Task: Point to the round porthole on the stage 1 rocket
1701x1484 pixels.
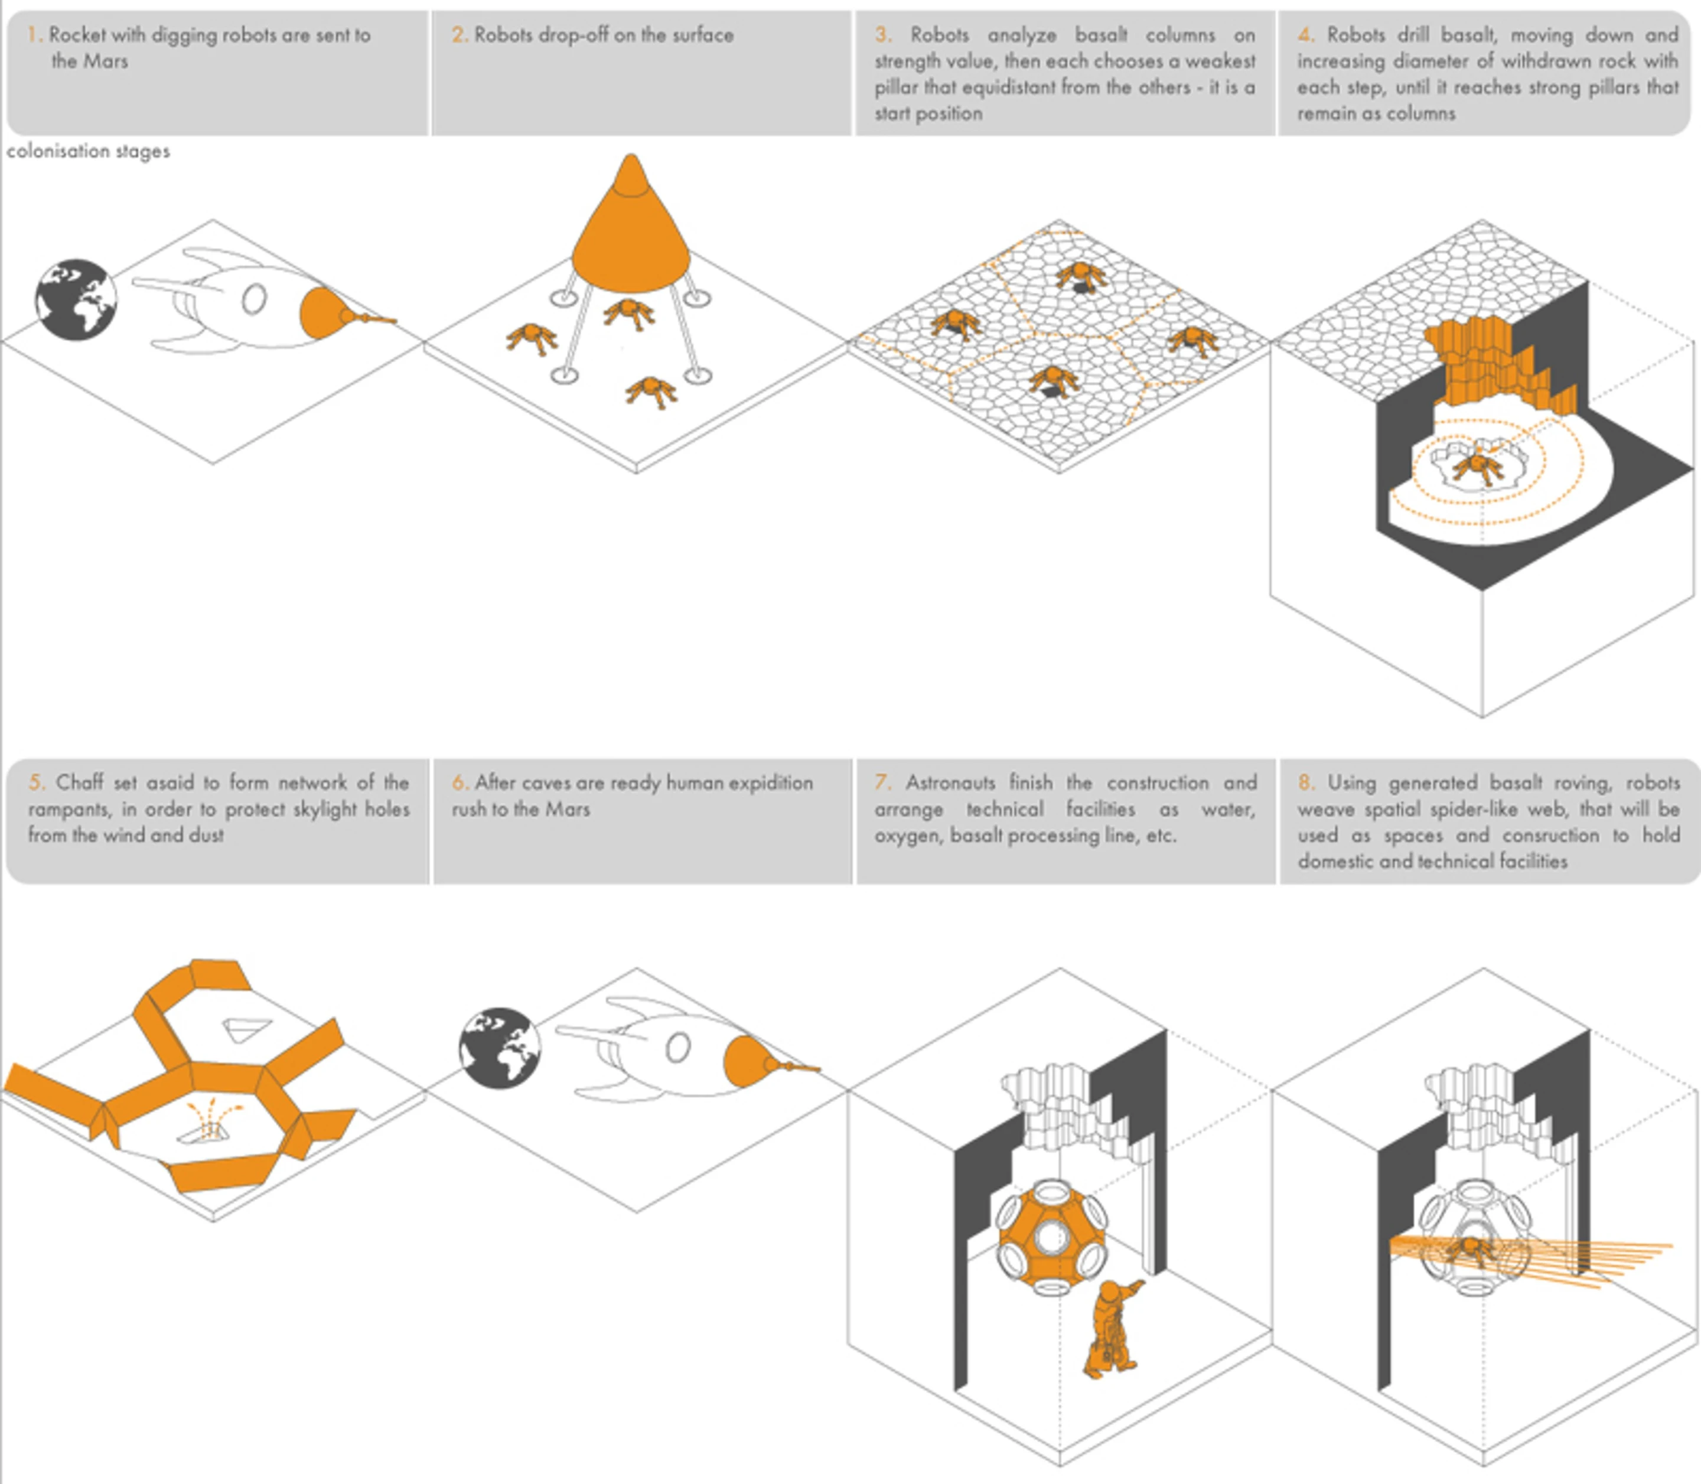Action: click(x=253, y=299)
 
